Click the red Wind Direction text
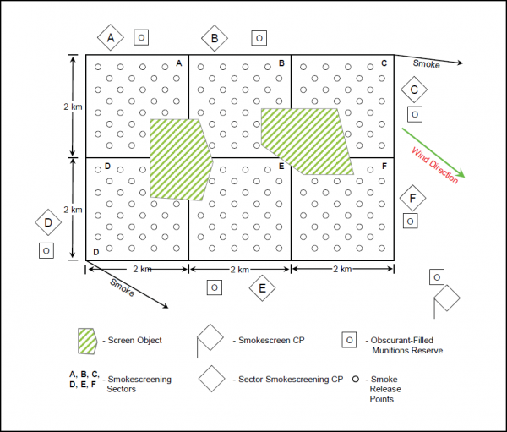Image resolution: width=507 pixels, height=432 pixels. tap(435, 166)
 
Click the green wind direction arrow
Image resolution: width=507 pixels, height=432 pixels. tap(433, 153)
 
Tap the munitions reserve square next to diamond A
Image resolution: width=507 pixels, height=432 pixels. tap(141, 37)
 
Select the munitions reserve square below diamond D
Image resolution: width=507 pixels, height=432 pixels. tap(46, 251)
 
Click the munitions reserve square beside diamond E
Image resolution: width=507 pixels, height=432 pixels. tap(215, 287)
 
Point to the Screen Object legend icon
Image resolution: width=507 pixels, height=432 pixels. tap(87, 341)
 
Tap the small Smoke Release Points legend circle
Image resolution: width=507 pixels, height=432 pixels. tap(356, 379)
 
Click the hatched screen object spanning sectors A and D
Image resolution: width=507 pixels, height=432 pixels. tap(179, 159)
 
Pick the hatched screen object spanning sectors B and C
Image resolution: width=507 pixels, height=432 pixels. tap(308, 141)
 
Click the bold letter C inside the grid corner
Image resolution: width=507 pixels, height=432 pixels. tap(384, 63)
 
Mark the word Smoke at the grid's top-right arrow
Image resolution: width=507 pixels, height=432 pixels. tap(426, 64)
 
